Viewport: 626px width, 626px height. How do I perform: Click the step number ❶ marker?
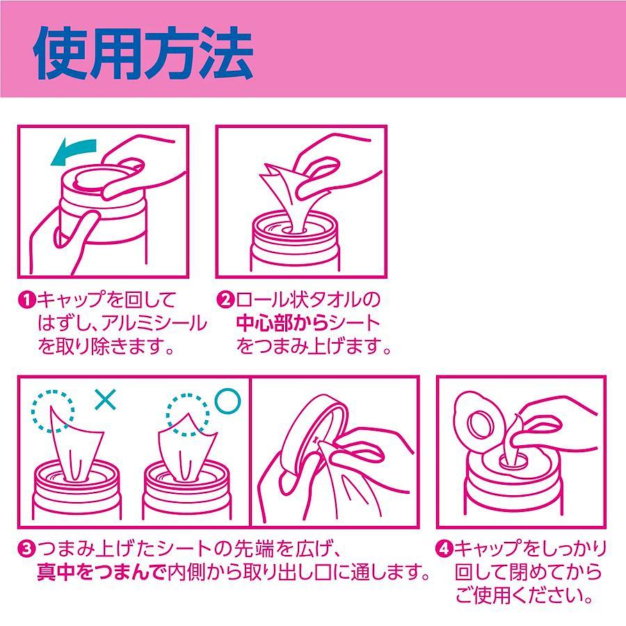pyautogui.click(x=27, y=299)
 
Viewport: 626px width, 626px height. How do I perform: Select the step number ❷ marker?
pyautogui.click(x=225, y=299)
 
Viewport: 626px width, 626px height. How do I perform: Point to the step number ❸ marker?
pyautogui.click(x=27, y=549)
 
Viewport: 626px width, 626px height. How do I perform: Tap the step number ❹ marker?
pyautogui.click(x=444, y=549)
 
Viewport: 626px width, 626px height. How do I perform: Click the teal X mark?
pyautogui.click(x=106, y=400)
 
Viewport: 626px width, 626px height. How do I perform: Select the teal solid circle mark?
pyautogui.click(x=228, y=401)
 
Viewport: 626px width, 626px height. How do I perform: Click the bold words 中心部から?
pyautogui.click(x=282, y=323)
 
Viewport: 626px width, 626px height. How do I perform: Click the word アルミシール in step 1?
pyautogui.click(x=154, y=323)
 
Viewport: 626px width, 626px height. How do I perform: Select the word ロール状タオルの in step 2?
pyautogui.click(x=307, y=299)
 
